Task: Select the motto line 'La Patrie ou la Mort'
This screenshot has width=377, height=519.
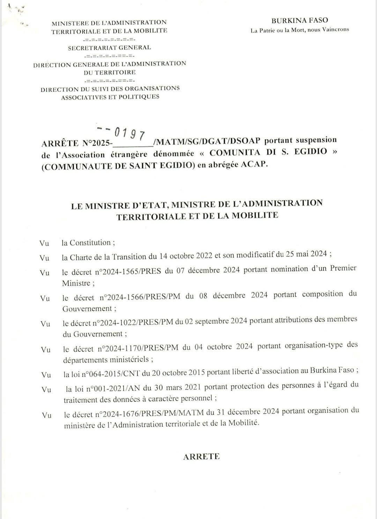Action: (x=300, y=30)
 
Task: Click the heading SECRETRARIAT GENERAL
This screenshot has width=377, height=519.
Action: (x=110, y=48)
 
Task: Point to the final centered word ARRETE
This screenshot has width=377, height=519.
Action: (x=201, y=456)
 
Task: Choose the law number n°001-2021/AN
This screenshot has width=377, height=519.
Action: (x=112, y=387)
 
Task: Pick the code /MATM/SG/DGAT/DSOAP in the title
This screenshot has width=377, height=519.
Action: (x=207, y=141)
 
